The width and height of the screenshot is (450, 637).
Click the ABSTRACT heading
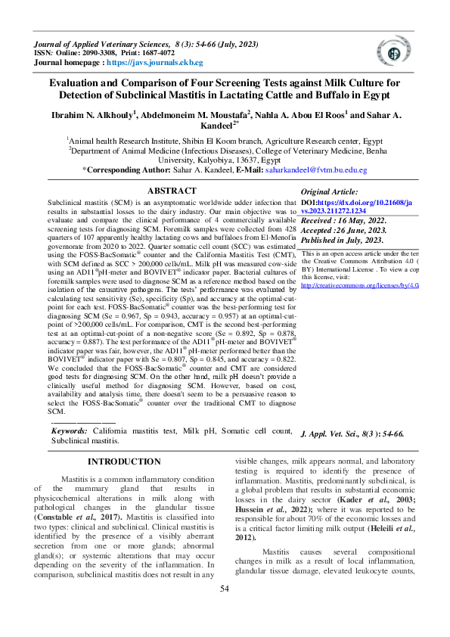point(172,191)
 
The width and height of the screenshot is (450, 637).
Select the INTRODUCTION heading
point(124,461)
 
